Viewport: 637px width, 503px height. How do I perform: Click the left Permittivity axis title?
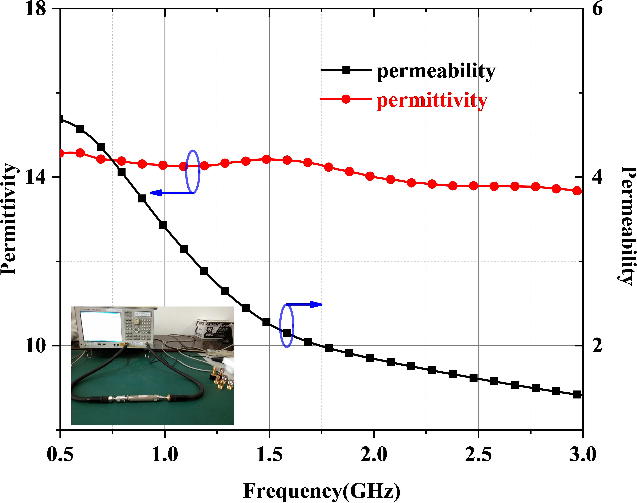point(9,219)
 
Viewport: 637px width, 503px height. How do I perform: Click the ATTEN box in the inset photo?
point(213,328)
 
